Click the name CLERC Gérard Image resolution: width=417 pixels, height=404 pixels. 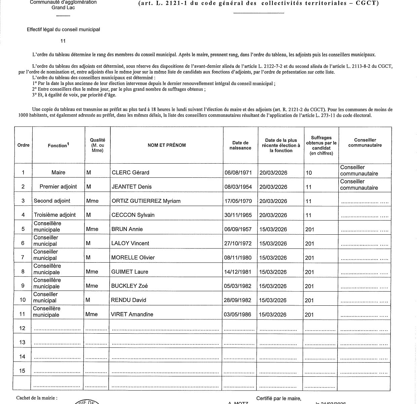coord(130,173)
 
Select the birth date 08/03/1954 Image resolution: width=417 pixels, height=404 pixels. coord(238,187)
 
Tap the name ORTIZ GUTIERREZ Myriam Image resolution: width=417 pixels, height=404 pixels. coord(146,201)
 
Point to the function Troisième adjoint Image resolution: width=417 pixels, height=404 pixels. coord(55,215)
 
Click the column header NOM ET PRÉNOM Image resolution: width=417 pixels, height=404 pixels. coord(166,145)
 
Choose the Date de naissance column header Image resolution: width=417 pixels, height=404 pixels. coord(240,145)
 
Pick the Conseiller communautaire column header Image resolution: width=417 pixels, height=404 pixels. coord(365,143)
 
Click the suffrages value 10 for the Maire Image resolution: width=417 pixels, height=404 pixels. coord(309,173)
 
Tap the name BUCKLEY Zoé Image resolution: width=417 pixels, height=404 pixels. coord(129,286)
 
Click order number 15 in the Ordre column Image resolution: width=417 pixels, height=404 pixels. coord(22,371)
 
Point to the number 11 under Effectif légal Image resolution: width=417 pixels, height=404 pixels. coord(63,41)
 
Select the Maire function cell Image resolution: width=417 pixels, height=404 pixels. coord(58,172)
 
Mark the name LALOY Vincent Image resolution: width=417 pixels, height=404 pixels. coord(130,243)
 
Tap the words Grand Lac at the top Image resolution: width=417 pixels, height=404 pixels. coord(63,7)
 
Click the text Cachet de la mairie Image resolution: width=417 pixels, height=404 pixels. coord(35,398)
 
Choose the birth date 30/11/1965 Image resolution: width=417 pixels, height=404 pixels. coord(238,215)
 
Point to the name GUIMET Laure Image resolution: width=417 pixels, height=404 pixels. coord(129,272)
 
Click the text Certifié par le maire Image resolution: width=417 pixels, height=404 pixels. coord(278,399)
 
